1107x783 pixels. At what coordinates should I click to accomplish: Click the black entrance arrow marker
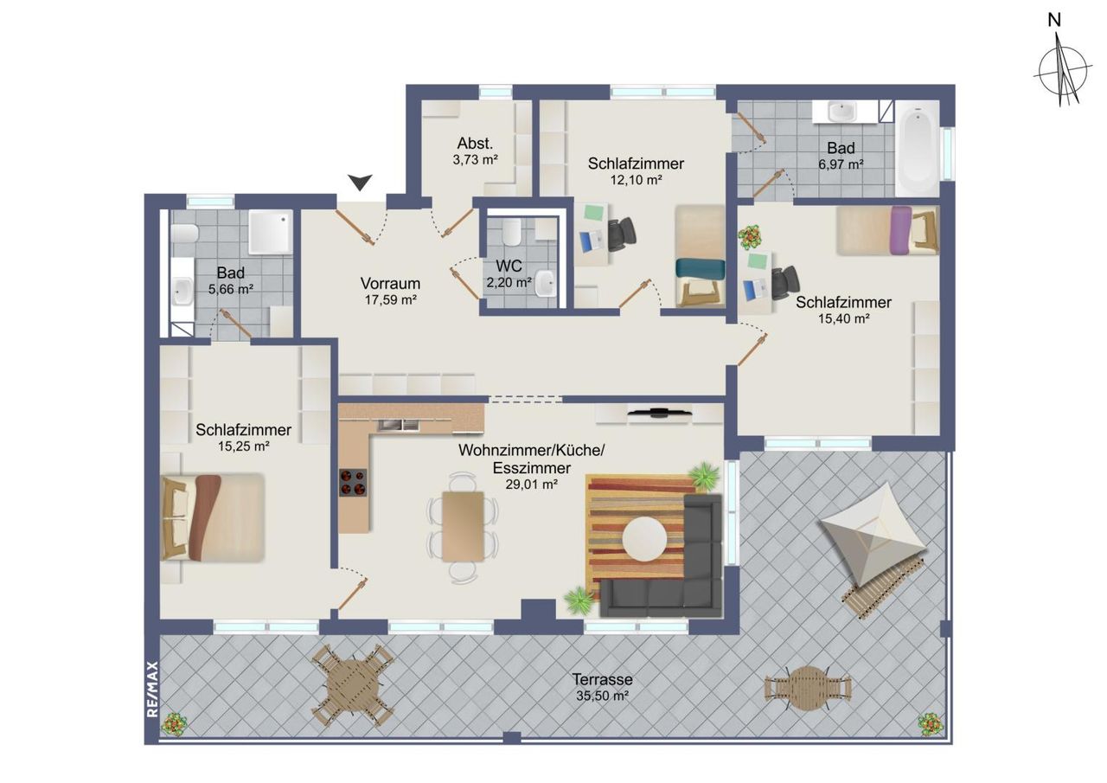point(360,182)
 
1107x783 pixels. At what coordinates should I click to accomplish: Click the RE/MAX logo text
point(152,689)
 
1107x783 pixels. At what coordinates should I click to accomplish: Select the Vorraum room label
point(390,283)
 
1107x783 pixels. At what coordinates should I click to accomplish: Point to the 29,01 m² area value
point(531,484)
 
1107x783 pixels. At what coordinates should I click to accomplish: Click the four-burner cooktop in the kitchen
point(353,482)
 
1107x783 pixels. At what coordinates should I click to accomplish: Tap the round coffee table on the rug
point(644,539)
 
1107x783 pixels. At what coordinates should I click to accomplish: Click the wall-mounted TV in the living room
point(659,412)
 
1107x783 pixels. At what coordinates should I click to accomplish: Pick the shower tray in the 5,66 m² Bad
point(270,233)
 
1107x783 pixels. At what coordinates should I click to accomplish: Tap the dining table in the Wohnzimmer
point(463,526)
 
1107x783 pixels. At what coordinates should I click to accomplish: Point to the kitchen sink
point(399,424)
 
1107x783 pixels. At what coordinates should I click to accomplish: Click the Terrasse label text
point(602,679)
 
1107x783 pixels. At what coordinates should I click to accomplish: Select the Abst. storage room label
point(475,144)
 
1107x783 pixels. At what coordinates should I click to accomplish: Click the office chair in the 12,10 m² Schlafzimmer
point(621,234)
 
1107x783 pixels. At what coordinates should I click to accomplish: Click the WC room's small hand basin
point(545,283)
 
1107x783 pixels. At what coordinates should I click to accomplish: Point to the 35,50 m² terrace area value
point(602,696)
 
